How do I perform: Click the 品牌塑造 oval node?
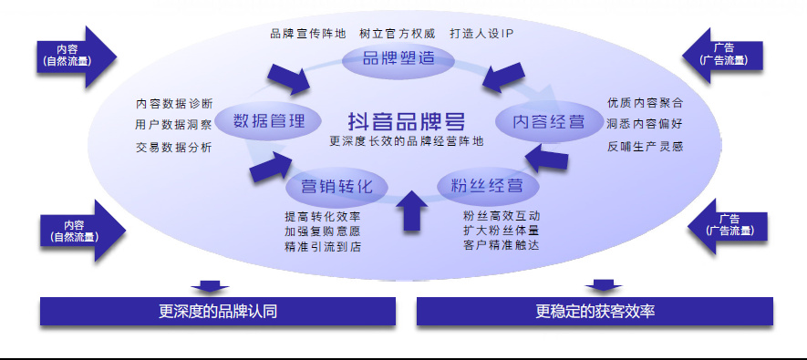click(398, 58)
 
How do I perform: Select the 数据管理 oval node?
click(269, 121)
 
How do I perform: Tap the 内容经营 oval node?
click(549, 122)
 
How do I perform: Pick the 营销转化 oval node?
click(336, 186)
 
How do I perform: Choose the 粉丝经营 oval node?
click(487, 185)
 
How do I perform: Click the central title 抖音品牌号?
click(407, 121)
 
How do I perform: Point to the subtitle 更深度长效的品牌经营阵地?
click(407, 141)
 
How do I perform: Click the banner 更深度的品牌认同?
click(218, 311)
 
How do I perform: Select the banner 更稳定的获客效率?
click(595, 311)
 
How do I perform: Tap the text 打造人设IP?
click(481, 34)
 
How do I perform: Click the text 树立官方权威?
click(398, 34)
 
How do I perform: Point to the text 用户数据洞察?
click(174, 125)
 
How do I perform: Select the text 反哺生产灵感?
click(646, 147)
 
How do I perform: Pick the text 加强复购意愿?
click(323, 231)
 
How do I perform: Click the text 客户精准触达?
click(502, 245)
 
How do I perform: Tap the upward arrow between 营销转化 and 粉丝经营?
click(411, 211)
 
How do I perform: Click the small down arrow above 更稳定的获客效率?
click(603, 285)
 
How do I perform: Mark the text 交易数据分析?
click(174, 148)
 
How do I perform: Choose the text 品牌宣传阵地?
click(308, 34)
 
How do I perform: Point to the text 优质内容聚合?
click(646, 103)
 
